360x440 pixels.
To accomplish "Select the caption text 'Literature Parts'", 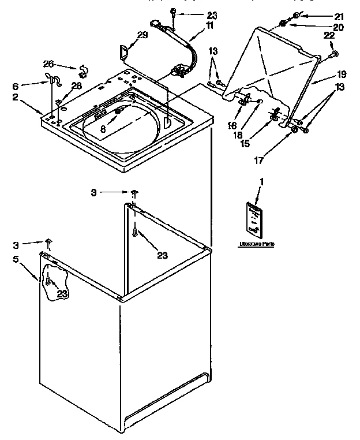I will (257, 245).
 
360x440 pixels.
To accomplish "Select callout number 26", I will (49, 64).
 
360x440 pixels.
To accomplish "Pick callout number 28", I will (75, 85).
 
